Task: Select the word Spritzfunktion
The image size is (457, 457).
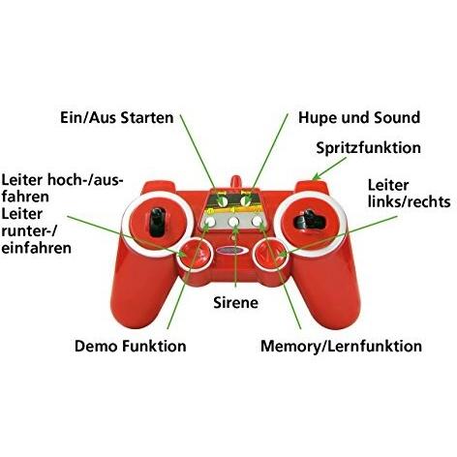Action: pyautogui.click(x=369, y=148)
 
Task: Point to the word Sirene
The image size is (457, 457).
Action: pyautogui.click(x=235, y=302)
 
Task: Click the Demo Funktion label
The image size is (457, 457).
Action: pyautogui.click(x=131, y=346)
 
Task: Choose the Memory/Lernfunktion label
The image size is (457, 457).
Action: pyautogui.click(x=342, y=346)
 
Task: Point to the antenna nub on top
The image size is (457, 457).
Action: pyautogui.click(x=234, y=180)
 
